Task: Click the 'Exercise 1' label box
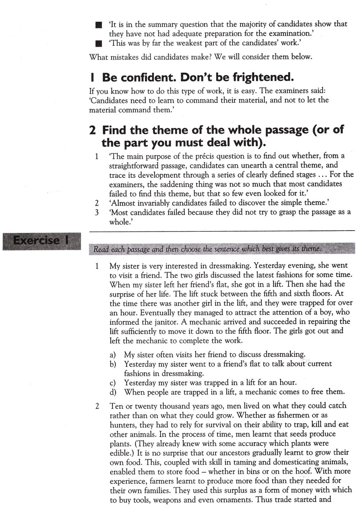pyautogui.click(x=41, y=241)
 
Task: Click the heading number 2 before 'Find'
pyautogui.click(x=93, y=130)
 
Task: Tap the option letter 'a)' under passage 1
pyautogui.click(x=113, y=355)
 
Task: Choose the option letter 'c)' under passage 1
pyautogui.click(x=113, y=383)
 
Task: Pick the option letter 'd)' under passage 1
pyautogui.click(x=113, y=392)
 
